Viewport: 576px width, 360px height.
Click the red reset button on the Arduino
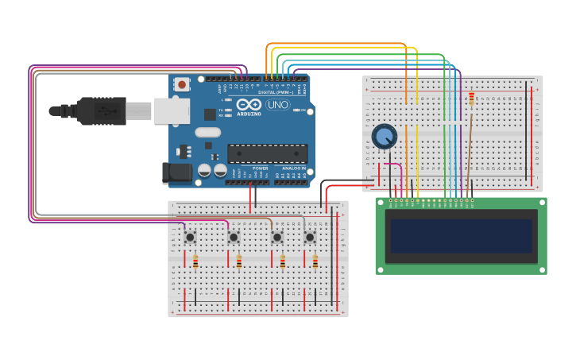click(182, 83)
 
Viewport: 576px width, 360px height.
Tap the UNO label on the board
click(277, 105)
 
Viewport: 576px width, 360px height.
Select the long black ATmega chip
click(267, 153)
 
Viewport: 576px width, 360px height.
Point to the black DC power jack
click(176, 172)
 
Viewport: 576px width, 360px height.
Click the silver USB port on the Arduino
click(171, 111)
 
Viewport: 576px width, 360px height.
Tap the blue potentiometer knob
click(385, 137)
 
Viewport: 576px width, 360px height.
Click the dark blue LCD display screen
click(461, 236)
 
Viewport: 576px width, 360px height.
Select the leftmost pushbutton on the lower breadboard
click(190, 237)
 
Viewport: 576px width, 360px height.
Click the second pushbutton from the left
click(234, 237)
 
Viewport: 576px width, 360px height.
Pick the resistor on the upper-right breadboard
click(471, 99)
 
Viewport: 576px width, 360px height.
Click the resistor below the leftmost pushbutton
click(195, 261)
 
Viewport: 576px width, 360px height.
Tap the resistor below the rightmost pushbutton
click(315, 261)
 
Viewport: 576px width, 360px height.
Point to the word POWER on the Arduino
click(260, 168)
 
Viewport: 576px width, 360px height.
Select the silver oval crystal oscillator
click(207, 133)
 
